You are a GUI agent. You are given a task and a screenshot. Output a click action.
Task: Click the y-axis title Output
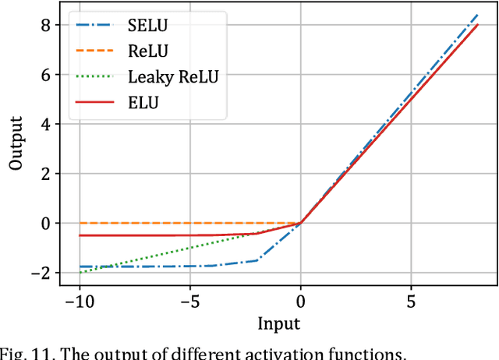click(16, 144)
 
